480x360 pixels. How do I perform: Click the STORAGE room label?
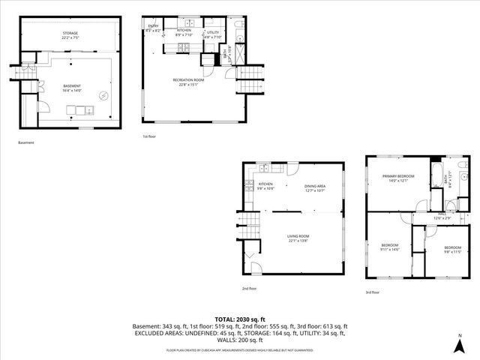click(70, 34)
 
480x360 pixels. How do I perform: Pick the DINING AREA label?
click(314, 187)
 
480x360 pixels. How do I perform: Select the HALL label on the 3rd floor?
click(442, 216)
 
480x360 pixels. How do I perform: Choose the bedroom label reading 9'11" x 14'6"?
click(391, 247)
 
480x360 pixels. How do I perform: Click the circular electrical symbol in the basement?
click(106, 94)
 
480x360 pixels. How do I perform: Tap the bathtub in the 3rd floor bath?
click(436, 178)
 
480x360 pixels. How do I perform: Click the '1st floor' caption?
click(149, 136)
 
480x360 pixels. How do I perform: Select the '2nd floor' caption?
click(249, 288)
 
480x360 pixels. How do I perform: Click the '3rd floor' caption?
click(373, 292)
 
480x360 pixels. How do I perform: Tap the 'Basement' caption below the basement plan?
click(25, 142)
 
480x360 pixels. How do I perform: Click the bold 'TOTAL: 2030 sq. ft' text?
click(239, 319)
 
